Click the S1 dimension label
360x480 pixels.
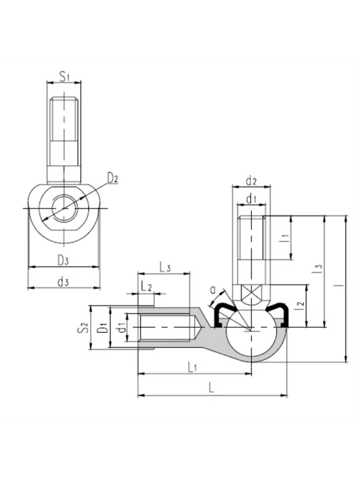tap(64, 76)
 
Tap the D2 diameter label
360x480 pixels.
tap(112, 177)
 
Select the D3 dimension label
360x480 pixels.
tap(63, 260)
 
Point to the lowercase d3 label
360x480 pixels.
tap(63, 282)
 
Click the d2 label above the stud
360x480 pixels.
tap(251, 181)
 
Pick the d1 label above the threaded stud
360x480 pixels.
tap(251, 200)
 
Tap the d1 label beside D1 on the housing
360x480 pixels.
tap(122, 327)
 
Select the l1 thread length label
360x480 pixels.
tap(285, 238)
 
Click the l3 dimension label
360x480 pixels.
tap(319, 269)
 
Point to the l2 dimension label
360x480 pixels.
tap(301, 304)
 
